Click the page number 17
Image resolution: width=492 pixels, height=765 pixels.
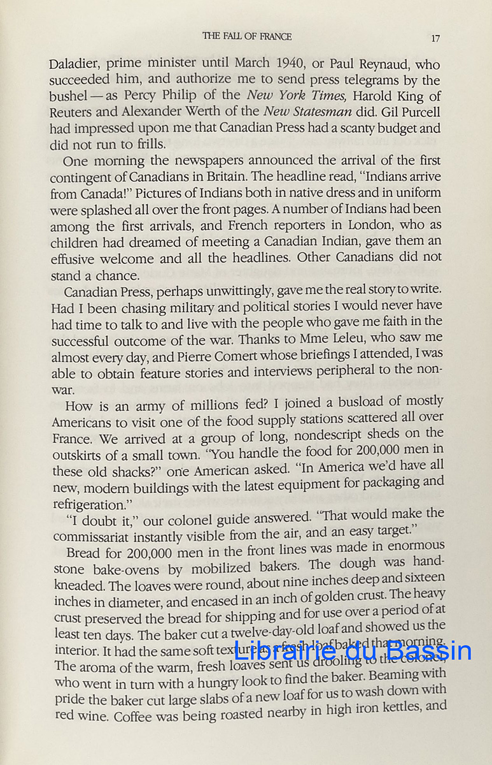click(x=435, y=38)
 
